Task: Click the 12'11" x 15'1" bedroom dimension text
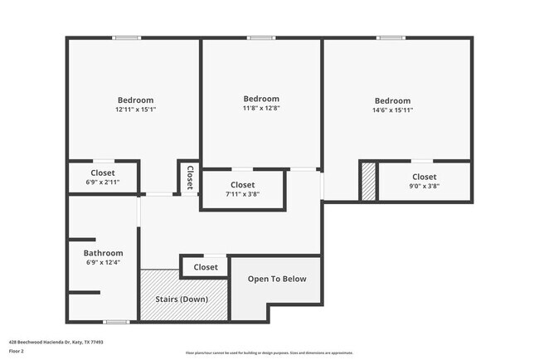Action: pyautogui.click(x=135, y=109)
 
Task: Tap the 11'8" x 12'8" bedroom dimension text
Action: pyautogui.click(x=261, y=108)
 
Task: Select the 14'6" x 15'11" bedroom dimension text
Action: pyautogui.click(x=392, y=109)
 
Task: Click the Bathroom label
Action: pyautogui.click(x=103, y=253)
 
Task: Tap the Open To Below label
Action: pyautogui.click(x=277, y=279)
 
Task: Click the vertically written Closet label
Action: pyautogui.click(x=190, y=178)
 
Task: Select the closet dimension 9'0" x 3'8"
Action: pyautogui.click(x=425, y=187)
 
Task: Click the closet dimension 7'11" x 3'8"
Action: pyautogui.click(x=243, y=194)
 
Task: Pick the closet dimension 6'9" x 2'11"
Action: pyautogui.click(x=103, y=182)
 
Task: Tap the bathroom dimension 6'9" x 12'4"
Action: pyautogui.click(x=103, y=263)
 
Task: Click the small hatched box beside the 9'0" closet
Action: pyautogui.click(x=367, y=181)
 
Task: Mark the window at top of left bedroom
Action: pyautogui.click(x=127, y=37)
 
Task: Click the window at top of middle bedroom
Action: pyautogui.click(x=260, y=37)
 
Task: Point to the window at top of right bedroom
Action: pyautogui.click(x=391, y=37)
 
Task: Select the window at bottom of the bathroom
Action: pyautogui.click(x=116, y=321)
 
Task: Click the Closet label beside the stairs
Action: pyautogui.click(x=206, y=267)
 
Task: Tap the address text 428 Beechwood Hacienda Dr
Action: pyautogui.click(x=56, y=341)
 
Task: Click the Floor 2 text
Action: pyautogui.click(x=16, y=351)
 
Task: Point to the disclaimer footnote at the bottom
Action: pyautogui.click(x=269, y=352)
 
